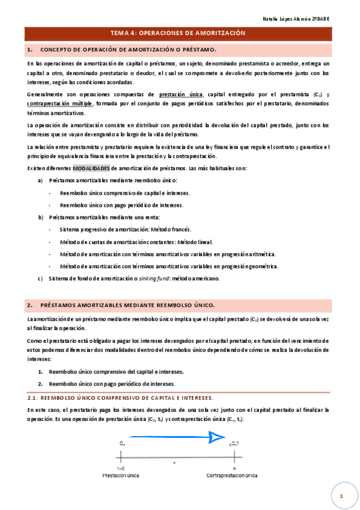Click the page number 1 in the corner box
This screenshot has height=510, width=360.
point(340,496)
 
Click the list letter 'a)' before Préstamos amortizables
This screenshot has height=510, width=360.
point(40,180)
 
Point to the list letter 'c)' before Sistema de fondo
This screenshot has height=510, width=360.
point(40,278)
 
